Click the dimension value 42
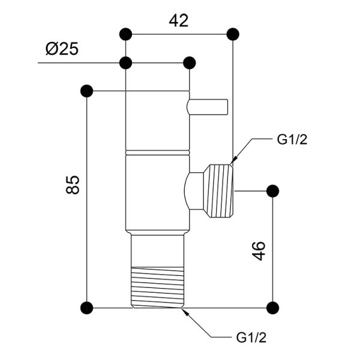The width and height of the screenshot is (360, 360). [x=179, y=20]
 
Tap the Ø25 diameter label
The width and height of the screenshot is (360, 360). [x=62, y=49]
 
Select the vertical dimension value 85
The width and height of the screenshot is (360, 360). [x=73, y=185]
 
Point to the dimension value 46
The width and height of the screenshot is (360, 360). [x=259, y=251]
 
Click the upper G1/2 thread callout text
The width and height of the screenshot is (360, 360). [x=292, y=139]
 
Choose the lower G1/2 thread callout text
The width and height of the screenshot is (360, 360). [x=251, y=337]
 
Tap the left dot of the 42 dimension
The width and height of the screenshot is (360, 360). [x=126, y=34]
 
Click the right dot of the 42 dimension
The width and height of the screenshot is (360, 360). [x=233, y=34]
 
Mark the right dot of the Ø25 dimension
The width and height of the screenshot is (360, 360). [x=190, y=62]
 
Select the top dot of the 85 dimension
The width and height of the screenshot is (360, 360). [x=87, y=91]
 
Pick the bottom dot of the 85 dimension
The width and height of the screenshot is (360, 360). [x=87, y=308]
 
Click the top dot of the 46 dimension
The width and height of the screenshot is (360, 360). [x=273, y=191]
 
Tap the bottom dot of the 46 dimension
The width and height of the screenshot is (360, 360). [x=273, y=308]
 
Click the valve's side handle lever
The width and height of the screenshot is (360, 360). [x=208, y=107]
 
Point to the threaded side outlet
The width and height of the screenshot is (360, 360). [x=219, y=191]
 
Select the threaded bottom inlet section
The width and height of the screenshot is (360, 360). [x=157, y=287]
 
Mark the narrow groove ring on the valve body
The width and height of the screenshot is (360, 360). [x=158, y=152]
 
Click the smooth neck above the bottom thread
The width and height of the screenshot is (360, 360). [x=157, y=251]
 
